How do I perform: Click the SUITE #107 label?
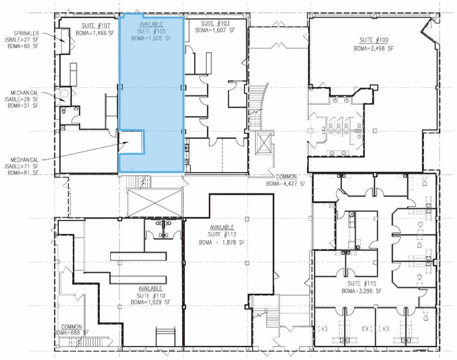tap(96, 26)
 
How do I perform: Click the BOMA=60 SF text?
tap(22, 45)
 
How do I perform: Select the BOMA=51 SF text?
tap(23, 106)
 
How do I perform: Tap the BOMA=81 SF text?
tap(23, 174)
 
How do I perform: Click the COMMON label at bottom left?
tap(70, 326)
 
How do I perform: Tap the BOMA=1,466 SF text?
tap(96, 34)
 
